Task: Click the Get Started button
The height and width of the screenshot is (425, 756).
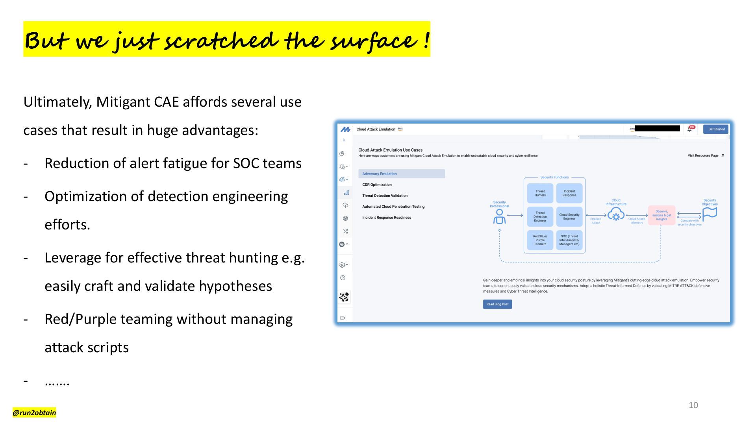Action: (716, 129)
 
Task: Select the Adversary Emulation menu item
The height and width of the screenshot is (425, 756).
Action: (401, 174)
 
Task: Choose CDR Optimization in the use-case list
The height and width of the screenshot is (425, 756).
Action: (377, 185)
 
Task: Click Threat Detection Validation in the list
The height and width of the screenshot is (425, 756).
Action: (385, 196)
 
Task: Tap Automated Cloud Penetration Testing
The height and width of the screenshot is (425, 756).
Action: (393, 207)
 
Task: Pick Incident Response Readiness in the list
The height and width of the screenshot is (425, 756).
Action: (386, 218)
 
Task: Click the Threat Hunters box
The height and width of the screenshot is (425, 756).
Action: (540, 193)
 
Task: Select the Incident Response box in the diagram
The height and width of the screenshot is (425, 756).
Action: (569, 193)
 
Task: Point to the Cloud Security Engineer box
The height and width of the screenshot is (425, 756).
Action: (569, 216)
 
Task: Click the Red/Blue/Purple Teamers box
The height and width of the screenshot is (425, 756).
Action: (540, 240)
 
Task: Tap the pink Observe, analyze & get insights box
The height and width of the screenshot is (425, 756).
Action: (661, 215)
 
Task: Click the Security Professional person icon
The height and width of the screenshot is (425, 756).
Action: (499, 216)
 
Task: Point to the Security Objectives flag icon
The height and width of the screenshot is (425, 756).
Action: (710, 214)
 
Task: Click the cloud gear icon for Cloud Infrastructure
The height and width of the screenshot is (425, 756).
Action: (616, 215)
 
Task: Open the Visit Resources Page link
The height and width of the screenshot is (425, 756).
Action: (706, 156)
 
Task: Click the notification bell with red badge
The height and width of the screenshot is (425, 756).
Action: (690, 129)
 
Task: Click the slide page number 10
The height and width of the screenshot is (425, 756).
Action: (693, 405)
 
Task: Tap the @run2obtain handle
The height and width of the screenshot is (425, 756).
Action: (34, 412)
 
